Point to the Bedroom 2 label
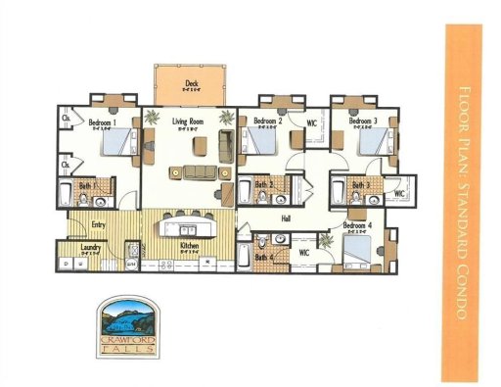click(267, 121)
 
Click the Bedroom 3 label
click(363, 121)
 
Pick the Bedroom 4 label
click(357, 225)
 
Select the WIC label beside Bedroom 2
click(310, 123)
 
